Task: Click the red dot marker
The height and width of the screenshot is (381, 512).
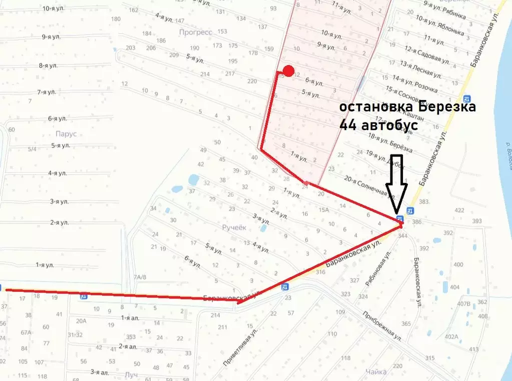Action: coord(288,71)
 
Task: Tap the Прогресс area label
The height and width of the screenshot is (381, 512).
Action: coord(195,32)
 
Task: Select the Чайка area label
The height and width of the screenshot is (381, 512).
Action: coord(376,371)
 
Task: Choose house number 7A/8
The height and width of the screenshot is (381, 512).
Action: coord(140,277)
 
